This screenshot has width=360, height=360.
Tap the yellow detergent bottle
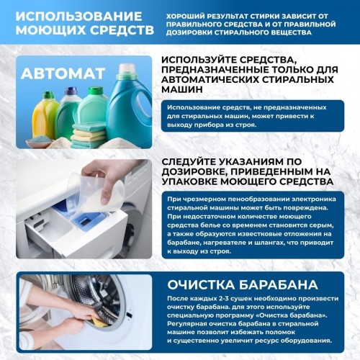46,114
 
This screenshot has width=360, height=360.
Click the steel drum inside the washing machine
115,302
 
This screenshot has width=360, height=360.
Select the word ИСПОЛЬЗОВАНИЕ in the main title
73,15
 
